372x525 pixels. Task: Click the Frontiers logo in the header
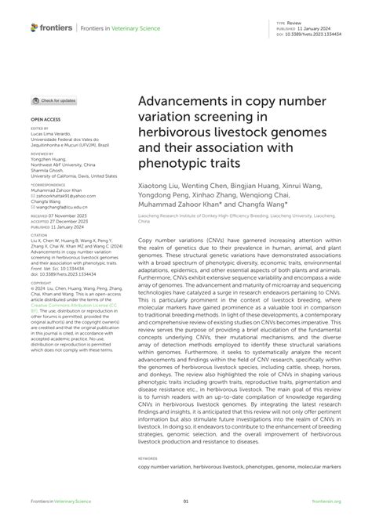point(51,27)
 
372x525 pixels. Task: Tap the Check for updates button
point(54,101)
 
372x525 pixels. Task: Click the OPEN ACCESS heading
point(42,120)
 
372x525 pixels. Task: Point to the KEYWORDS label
point(148,458)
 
